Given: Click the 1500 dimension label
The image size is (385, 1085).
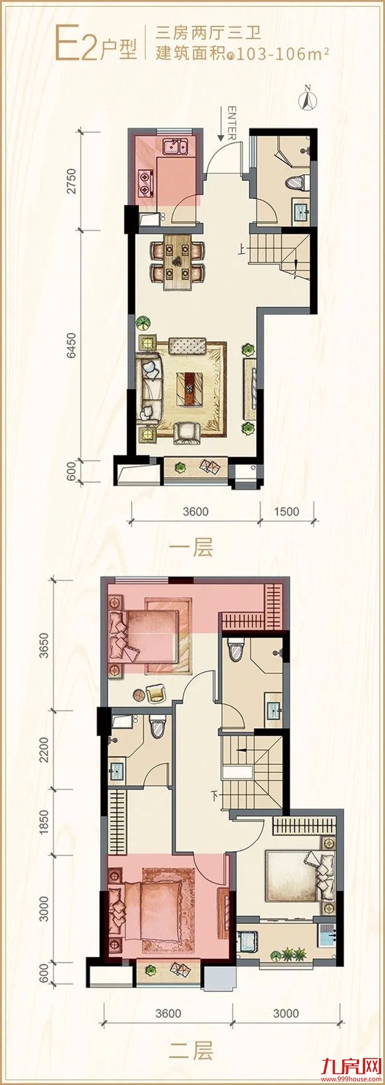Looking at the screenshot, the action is pyautogui.click(x=286, y=511).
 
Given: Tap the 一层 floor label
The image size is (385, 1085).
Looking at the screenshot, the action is pyautogui.click(x=194, y=547).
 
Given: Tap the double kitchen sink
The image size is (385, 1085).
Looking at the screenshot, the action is pyautogui.click(x=175, y=147).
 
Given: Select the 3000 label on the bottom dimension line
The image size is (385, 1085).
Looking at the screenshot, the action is pyautogui.click(x=286, y=1013).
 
